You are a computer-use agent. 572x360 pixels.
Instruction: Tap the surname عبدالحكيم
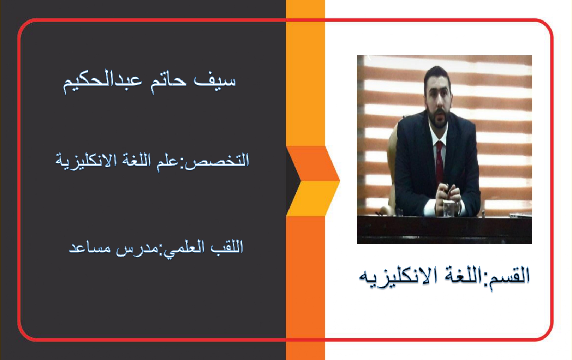point(102,82)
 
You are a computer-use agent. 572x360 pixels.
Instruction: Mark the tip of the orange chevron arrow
point(340,181)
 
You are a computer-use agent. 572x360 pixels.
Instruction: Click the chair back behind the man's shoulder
point(392,163)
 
